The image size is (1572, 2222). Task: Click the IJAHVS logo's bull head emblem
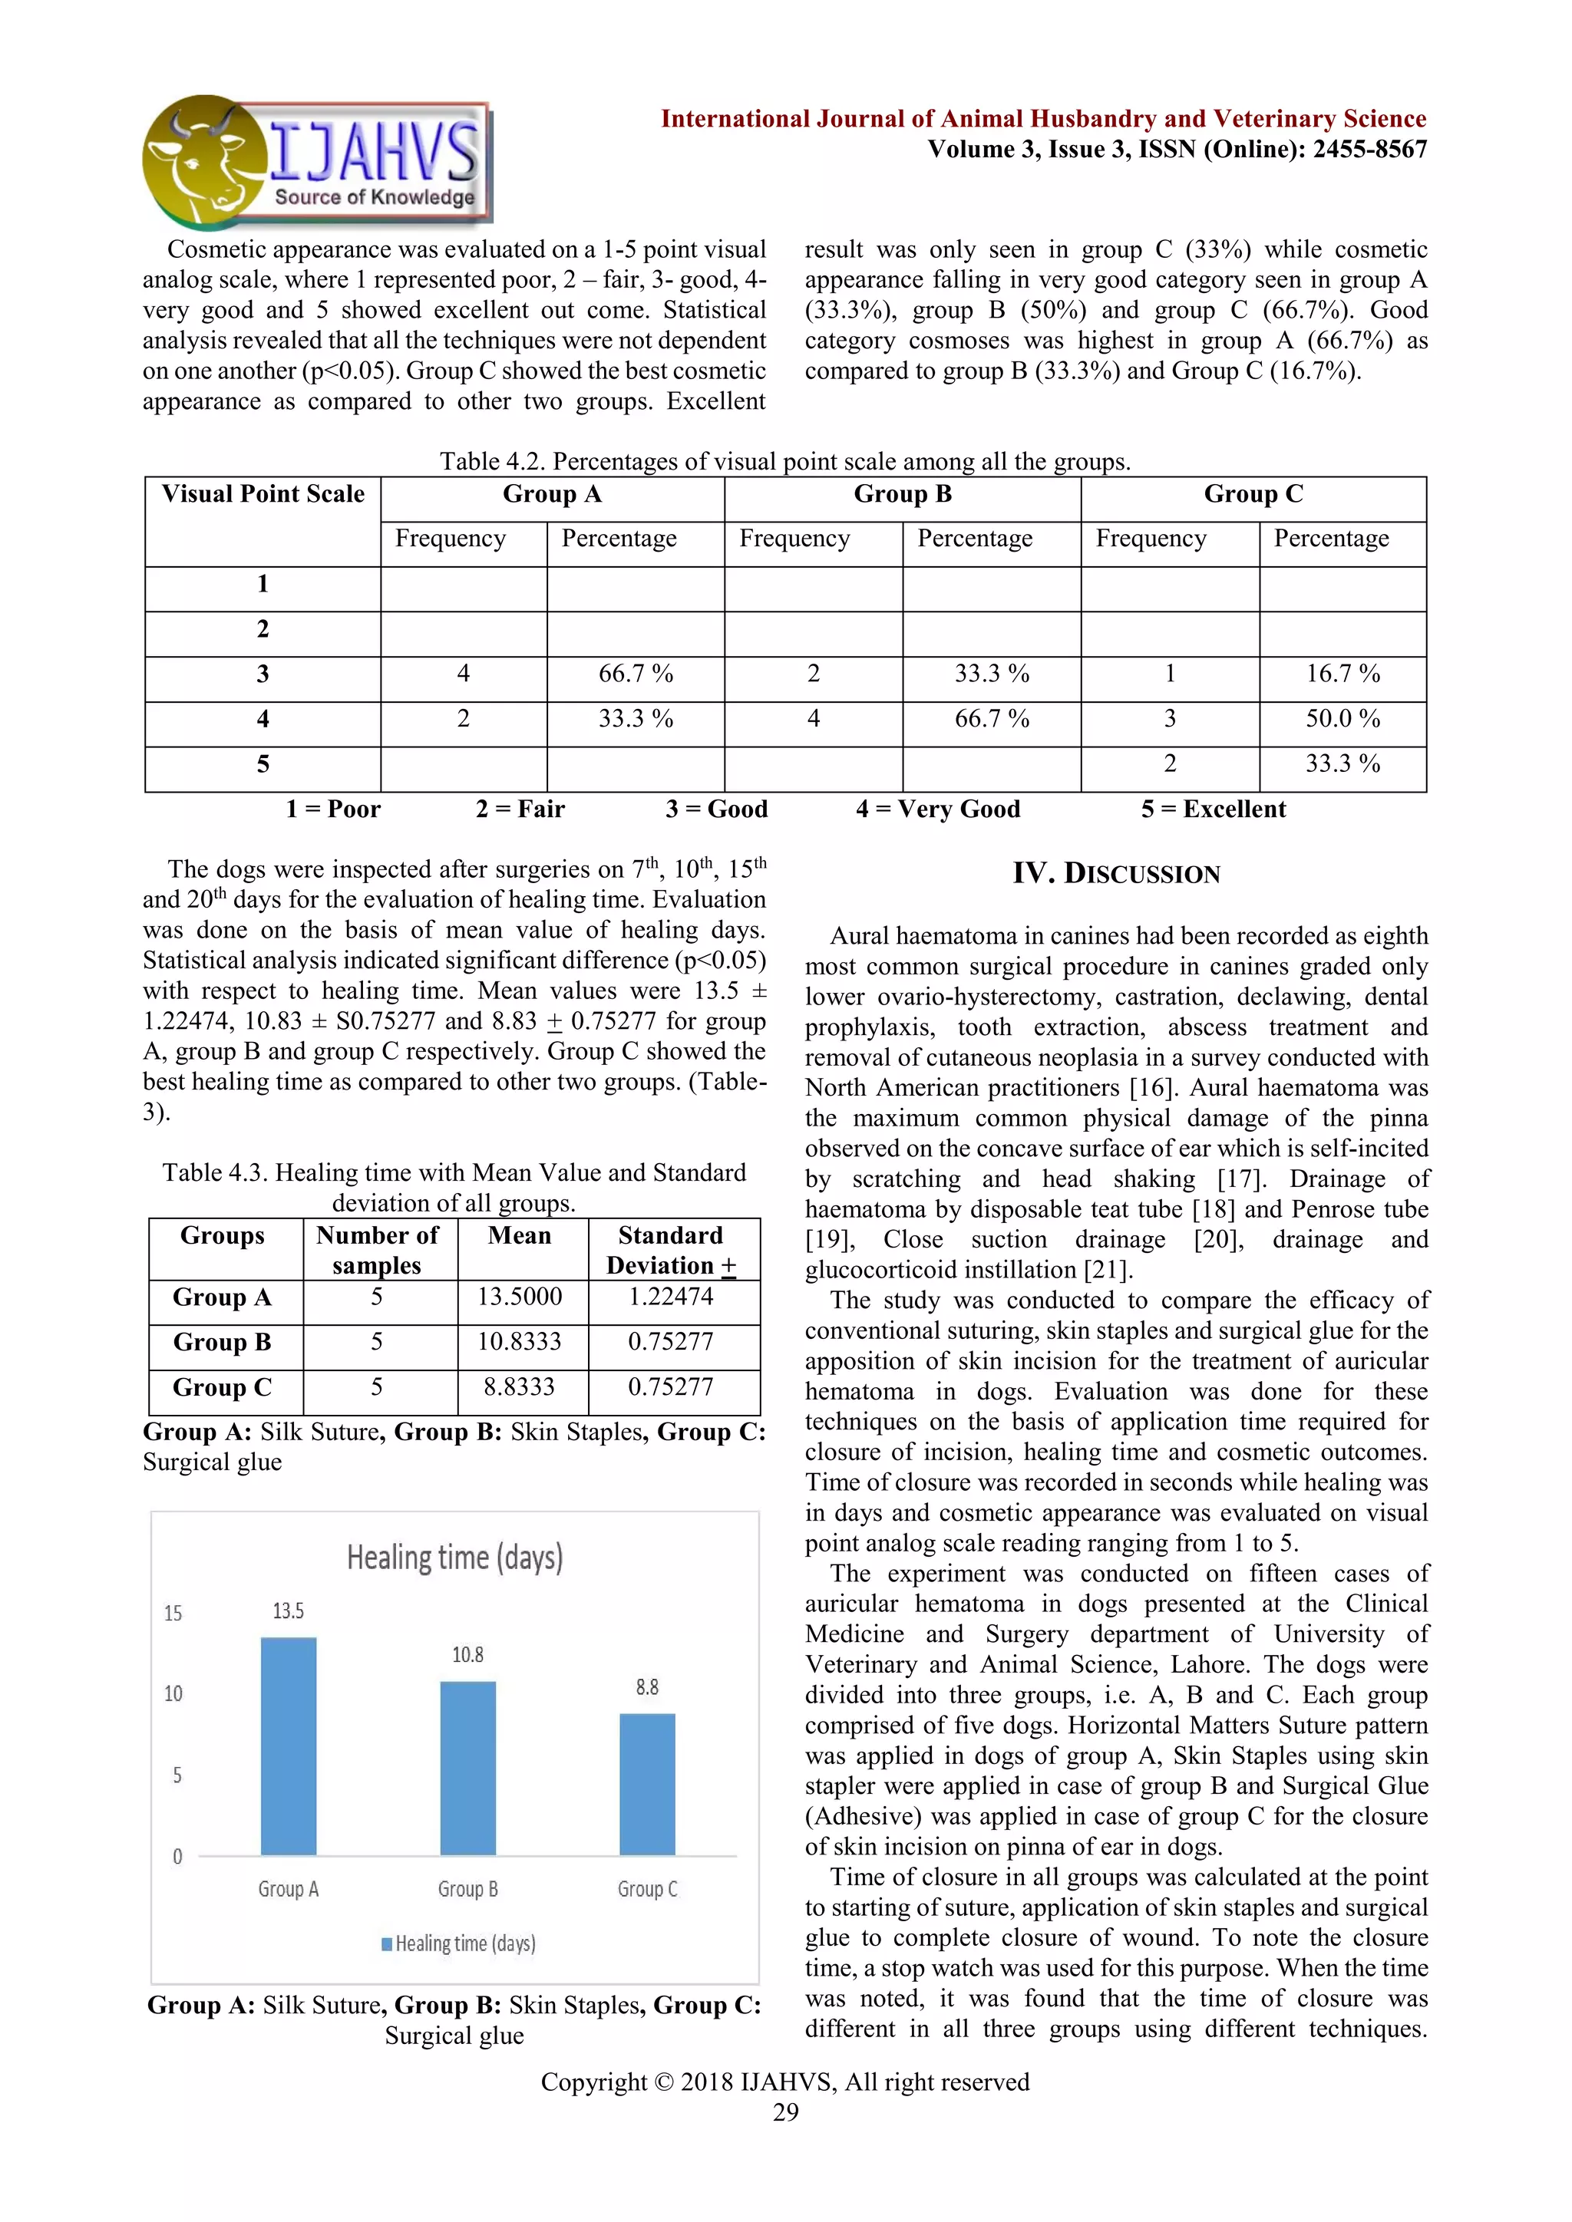(x=203, y=163)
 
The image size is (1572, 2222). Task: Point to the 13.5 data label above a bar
(x=289, y=1610)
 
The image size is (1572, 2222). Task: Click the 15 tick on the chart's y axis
(x=173, y=1614)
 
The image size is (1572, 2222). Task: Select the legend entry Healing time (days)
(x=459, y=1943)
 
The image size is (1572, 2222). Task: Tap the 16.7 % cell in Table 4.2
(x=1342, y=674)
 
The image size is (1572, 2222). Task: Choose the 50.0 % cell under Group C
(x=1342, y=719)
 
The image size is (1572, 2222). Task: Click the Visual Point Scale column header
(x=263, y=495)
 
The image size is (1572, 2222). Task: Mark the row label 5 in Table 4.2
(x=263, y=764)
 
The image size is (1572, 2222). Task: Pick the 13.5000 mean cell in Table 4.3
(x=520, y=1297)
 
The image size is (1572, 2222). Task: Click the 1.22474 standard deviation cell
(x=671, y=1297)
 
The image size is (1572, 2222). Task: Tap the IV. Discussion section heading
(x=1116, y=874)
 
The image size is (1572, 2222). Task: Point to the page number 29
(x=785, y=2112)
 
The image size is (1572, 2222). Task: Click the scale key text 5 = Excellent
(x=1213, y=809)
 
